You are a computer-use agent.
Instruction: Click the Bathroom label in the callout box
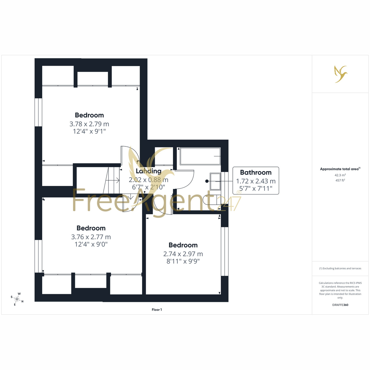pos(256,172)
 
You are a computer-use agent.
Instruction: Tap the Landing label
pos(148,171)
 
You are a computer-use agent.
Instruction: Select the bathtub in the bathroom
pos(200,156)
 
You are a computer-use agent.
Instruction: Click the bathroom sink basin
pos(215,181)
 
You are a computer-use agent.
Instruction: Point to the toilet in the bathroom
pos(210,200)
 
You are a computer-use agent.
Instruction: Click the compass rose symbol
pos(17,299)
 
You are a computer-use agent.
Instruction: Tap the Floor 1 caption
pos(157,310)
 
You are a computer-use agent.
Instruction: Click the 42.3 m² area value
pos(340,175)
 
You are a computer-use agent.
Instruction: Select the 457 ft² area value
pos(340,180)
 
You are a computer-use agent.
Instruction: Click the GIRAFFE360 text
pos(340,305)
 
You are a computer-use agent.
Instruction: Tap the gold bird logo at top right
pos(341,74)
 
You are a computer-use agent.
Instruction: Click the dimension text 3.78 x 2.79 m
pos(89,124)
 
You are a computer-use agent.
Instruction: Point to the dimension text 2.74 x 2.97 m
pos(183,254)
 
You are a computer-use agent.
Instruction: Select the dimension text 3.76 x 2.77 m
pos(91,237)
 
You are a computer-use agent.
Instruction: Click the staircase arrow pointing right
pos(113,180)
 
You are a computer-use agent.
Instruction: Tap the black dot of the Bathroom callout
pos(207,181)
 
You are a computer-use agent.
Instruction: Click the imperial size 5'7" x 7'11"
pos(256,189)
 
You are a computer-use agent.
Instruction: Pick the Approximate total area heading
pos(340,169)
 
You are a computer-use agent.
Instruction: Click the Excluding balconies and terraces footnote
pos(340,268)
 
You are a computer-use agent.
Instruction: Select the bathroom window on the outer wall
pos(224,183)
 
